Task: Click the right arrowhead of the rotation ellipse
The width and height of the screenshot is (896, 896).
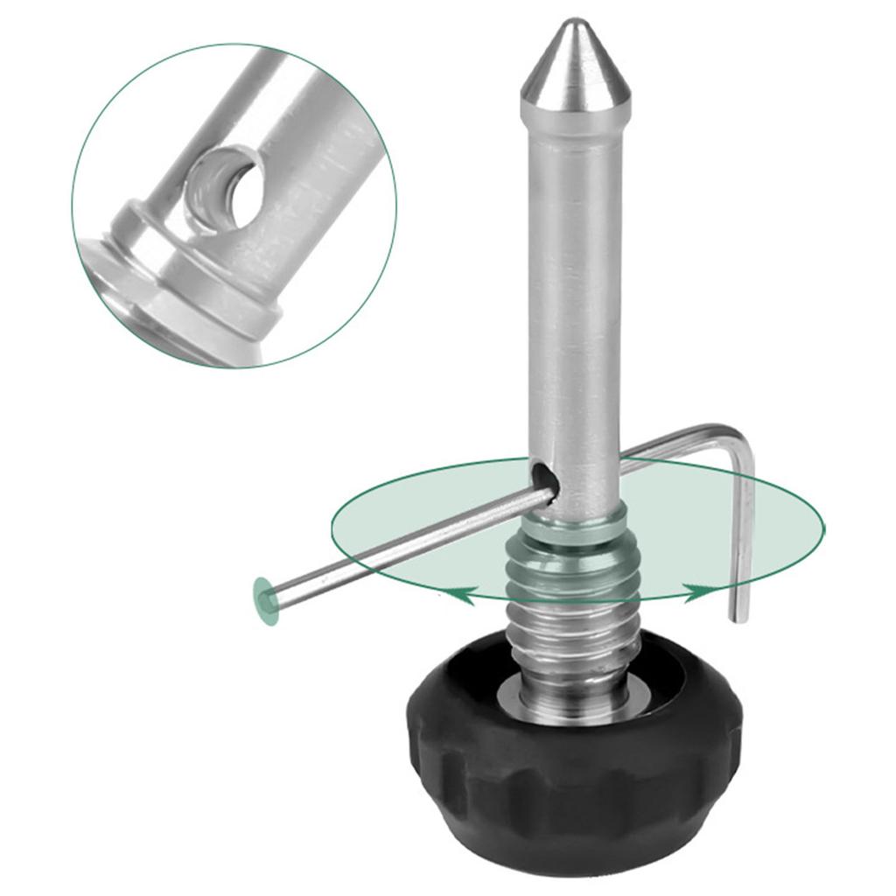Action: click(x=696, y=592)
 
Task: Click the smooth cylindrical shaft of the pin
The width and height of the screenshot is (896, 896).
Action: click(x=574, y=289)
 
